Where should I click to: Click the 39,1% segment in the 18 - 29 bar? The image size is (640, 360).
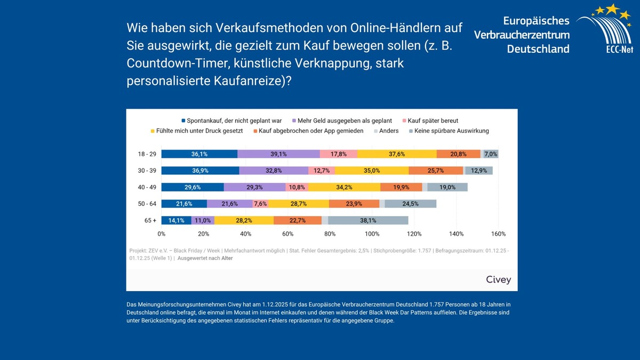(278, 154)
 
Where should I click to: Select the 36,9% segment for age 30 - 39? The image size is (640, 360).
(200, 171)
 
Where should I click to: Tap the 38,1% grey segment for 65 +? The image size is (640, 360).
(368, 220)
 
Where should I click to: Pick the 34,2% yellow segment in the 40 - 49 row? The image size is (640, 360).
(345, 187)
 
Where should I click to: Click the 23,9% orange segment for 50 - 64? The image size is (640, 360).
(354, 204)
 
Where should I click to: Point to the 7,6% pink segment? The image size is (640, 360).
(260, 204)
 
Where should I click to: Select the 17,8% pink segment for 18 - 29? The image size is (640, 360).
(339, 154)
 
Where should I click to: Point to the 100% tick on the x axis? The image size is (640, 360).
(372, 234)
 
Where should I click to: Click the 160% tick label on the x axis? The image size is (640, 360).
(498, 234)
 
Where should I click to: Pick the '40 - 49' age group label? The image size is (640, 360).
(147, 187)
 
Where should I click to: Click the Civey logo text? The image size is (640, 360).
(498, 279)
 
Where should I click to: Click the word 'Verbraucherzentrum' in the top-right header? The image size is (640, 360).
(522, 35)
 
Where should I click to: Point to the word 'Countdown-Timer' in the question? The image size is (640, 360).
(170, 63)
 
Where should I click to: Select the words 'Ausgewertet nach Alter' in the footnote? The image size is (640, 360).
(205, 258)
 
